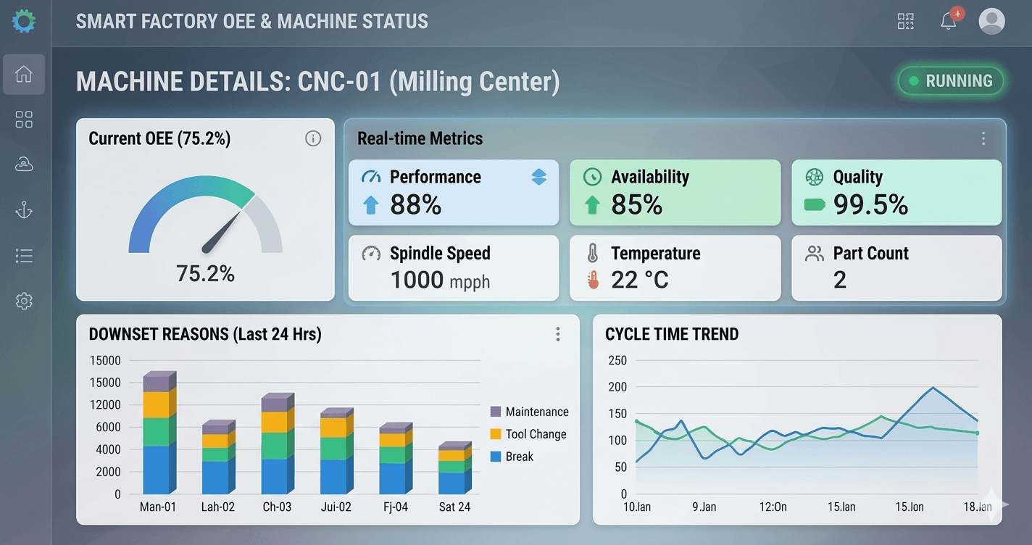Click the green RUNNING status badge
pos(951,81)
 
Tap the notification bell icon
pos(949,21)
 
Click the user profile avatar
pos(991,21)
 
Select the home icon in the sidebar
pos(24,74)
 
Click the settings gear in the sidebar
pos(24,301)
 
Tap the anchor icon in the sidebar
pos(24,210)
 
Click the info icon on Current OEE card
pos(313,138)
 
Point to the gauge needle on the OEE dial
pos(222,230)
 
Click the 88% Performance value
pos(415,205)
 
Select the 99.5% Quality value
pos(870,205)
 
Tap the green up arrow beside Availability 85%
pos(592,205)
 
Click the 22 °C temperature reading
pos(639,280)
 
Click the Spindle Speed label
pos(440,253)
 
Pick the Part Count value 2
pos(840,280)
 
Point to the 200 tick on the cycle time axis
pos(617,387)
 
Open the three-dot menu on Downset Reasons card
pos(557,334)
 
